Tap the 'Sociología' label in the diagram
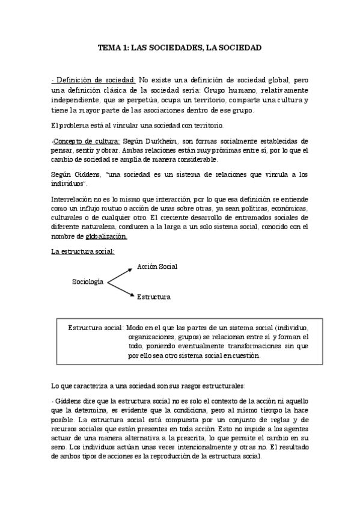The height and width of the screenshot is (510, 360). [x=88, y=281]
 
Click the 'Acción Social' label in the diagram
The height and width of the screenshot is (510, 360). [x=157, y=266]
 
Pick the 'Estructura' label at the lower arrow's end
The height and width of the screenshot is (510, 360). [x=153, y=297]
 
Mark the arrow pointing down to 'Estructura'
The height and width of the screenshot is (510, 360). [x=120, y=289]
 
